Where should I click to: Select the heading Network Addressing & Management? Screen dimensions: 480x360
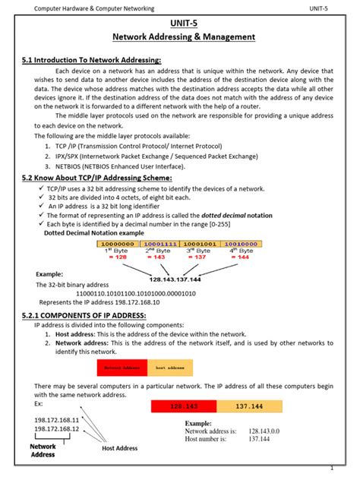click(x=184, y=36)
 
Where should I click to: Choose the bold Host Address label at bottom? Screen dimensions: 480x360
click(x=119, y=449)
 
